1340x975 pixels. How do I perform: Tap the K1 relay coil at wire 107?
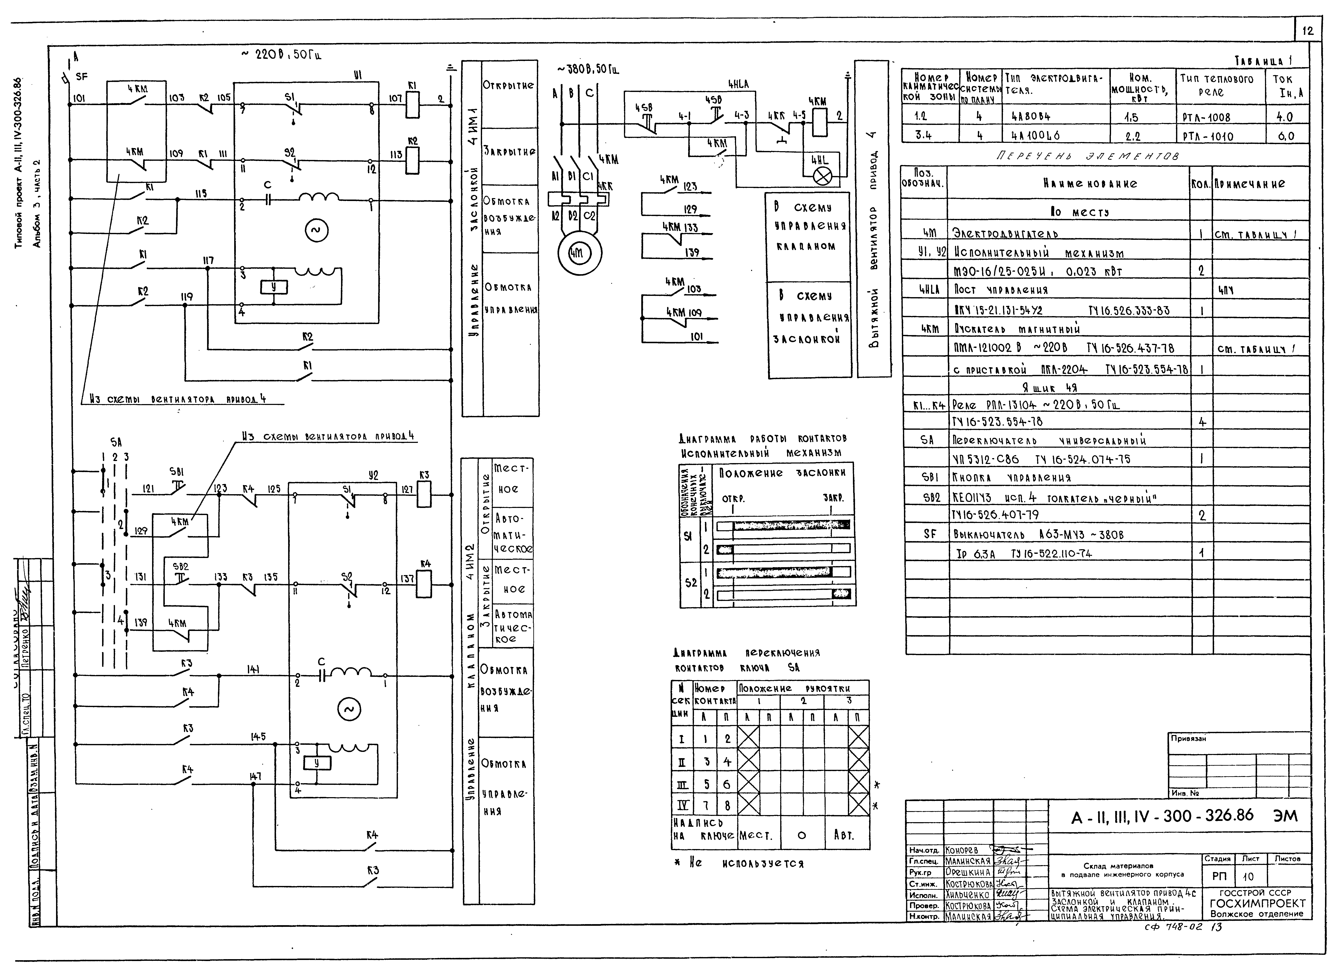[x=412, y=99]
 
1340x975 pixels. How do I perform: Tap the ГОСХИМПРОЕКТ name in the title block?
[x=1257, y=903]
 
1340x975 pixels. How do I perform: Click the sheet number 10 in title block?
[x=1247, y=877]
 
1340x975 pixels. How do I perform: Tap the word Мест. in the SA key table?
[x=756, y=836]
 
